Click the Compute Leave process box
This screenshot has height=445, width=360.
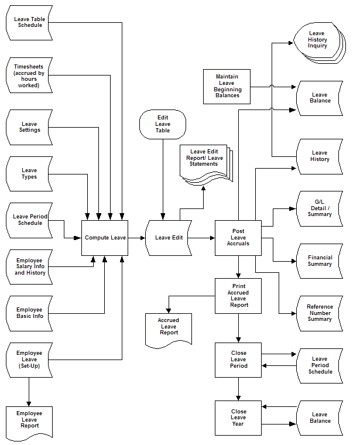tap(104, 238)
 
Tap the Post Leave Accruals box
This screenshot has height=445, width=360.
tap(238, 238)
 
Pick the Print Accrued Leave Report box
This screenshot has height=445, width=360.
tap(238, 296)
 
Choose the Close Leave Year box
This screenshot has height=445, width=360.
tap(238, 417)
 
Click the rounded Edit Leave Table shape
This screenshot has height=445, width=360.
tap(163, 124)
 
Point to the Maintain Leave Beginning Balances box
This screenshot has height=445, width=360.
tap(227, 86)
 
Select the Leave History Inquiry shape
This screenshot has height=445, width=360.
tap(317, 40)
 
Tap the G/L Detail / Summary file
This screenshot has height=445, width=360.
tap(319, 208)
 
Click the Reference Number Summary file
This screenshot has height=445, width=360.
tap(319, 313)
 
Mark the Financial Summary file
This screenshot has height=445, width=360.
tap(319, 261)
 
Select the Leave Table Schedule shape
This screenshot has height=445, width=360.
tap(29, 22)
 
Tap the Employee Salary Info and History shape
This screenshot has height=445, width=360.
tap(29, 266)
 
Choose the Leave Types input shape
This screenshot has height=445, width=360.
tap(29, 174)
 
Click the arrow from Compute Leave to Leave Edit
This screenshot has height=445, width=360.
tap(136, 238)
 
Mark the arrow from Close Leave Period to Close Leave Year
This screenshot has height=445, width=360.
tap(238, 389)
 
